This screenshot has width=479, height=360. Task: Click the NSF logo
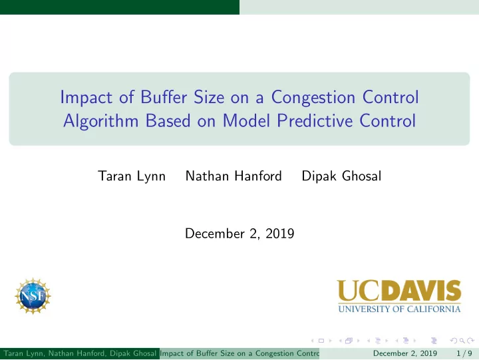click(x=33, y=296)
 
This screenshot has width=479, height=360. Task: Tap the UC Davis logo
click(x=399, y=296)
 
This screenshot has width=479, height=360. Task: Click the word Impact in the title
click(x=86, y=98)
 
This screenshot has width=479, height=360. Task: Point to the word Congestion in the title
click(x=313, y=98)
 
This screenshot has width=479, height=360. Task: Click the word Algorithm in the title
click(x=101, y=121)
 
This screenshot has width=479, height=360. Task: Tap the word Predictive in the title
click(x=314, y=120)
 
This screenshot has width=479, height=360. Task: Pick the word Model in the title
click(x=246, y=120)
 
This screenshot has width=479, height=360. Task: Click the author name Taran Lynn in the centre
click(x=132, y=176)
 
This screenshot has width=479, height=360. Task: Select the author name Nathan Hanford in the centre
click(x=234, y=176)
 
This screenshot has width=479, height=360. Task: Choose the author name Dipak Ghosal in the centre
click(x=341, y=176)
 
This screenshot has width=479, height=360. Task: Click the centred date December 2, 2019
click(x=239, y=234)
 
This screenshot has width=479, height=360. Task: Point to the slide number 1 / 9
click(x=464, y=353)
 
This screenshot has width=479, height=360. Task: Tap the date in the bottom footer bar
click(x=404, y=353)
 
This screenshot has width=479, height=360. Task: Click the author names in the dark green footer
click(x=80, y=353)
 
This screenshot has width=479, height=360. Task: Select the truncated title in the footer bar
click(x=239, y=353)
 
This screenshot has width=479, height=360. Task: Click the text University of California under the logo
click(x=399, y=309)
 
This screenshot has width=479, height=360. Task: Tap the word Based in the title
click(x=168, y=120)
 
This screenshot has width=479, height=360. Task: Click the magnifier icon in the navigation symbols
click(x=462, y=341)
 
